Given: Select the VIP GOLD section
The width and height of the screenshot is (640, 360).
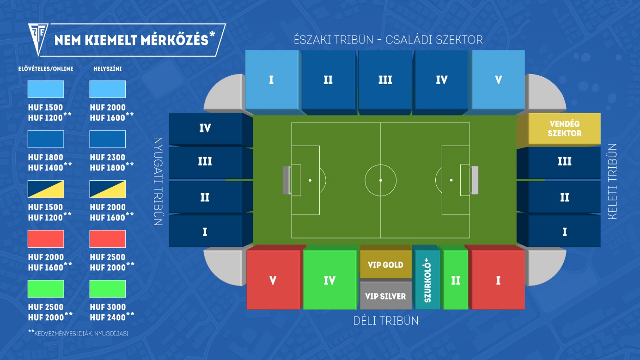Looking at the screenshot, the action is pyautogui.click(x=385, y=262).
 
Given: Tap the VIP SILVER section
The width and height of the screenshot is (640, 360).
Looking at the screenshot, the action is pyautogui.click(x=385, y=295).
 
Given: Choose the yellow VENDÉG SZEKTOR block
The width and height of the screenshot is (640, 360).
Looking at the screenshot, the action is pyautogui.click(x=559, y=129).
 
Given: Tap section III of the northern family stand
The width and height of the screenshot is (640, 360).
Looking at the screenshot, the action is pyautogui.click(x=385, y=82).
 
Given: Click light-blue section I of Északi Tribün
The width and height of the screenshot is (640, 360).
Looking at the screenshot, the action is pyautogui.click(x=273, y=82).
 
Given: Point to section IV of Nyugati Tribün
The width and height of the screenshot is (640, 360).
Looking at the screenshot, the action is pyautogui.click(x=211, y=129).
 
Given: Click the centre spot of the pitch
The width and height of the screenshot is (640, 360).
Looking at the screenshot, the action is pyautogui.click(x=381, y=180).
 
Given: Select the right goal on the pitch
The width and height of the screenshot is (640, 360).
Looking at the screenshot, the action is pyautogui.click(x=474, y=180).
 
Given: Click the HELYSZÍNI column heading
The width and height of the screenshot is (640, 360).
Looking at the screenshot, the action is pyautogui.click(x=107, y=68).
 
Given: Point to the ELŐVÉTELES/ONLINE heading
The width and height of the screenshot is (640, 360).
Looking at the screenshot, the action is pyautogui.click(x=46, y=68).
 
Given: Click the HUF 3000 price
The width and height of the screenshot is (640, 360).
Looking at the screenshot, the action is pyautogui.click(x=108, y=307).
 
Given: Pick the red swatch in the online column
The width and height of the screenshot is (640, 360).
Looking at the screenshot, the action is pyautogui.click(x=46, y=239).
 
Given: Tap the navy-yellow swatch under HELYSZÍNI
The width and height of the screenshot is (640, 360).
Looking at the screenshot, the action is pyautogui.click(x=107, y=189).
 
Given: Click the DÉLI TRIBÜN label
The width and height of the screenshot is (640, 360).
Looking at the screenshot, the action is pyautogui.click(x=386, y=321).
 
